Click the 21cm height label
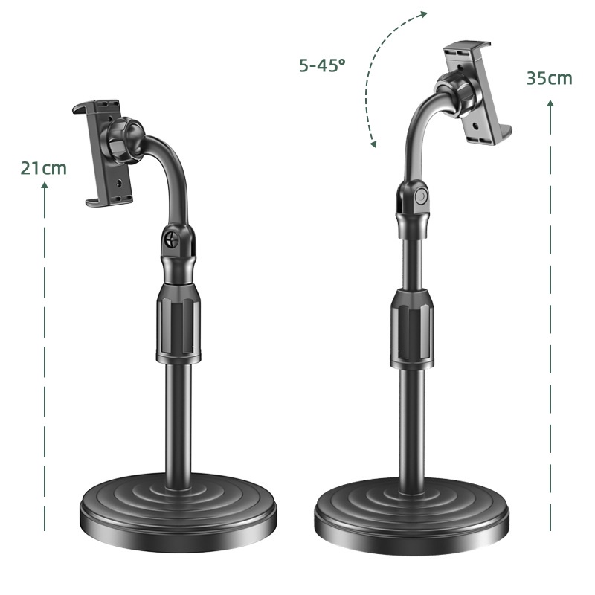pos(44,168)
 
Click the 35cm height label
pos(549,78)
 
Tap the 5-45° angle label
pos(322,65)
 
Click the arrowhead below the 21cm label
pos(45,185)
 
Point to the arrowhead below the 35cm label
pos(550,103)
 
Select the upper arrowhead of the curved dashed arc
pos(424,15)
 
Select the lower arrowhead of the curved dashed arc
pos(373,144)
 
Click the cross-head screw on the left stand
pos(172,239)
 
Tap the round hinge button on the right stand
pos(421,197)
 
